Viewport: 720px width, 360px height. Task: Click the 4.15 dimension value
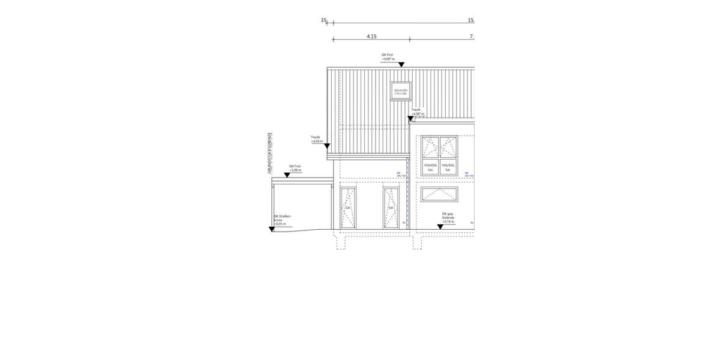[x=371, y=37]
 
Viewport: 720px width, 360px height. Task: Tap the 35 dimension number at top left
[x=323, y=20]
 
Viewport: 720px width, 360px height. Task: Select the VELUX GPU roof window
[x=400, y=91]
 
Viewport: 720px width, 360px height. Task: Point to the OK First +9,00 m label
[x=388, y=58]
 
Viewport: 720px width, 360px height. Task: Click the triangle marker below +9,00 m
[x=401, y=65]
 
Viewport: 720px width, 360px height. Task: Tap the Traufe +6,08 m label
[x=418, y=112]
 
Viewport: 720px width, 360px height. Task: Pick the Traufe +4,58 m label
[x=317, y=139]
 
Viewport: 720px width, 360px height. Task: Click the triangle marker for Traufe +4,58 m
[x=327, y=146]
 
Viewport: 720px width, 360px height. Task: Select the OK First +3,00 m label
[x=295, y=168]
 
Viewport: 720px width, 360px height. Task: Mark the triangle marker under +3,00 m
[x=287, y=175]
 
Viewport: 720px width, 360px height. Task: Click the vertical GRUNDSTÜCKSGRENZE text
[x=270, y=153]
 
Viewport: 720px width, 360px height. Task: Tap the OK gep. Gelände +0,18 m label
[x=448, y=217]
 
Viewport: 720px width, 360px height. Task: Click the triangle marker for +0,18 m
[x=440, y=227]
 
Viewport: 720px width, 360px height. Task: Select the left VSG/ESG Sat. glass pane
[x=430, y=167]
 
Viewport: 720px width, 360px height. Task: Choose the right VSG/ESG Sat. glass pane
[x=448, y=167]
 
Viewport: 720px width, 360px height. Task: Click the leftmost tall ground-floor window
[x=348, y=208]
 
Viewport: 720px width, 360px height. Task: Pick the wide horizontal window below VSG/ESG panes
[x=439, y=194]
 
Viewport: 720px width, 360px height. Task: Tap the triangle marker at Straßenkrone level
[x=272, y=229]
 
